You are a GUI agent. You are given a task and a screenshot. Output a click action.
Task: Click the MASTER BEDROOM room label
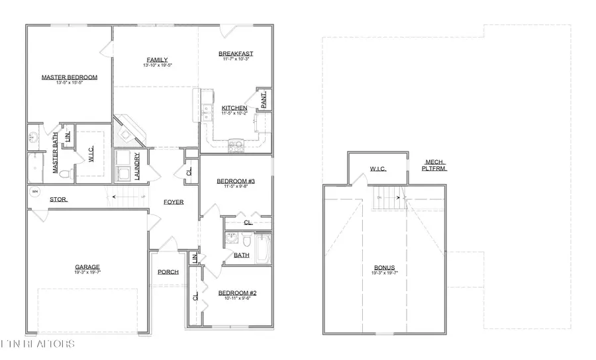[x=69, y=77]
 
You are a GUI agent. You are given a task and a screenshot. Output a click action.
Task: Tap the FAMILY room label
[x=157, y=60]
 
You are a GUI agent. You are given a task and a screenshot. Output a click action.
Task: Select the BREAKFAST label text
[x=236, y=54]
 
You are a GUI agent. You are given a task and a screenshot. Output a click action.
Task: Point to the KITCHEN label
[x=234, y=108]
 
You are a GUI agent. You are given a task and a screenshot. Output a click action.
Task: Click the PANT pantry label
[x=263, y=100]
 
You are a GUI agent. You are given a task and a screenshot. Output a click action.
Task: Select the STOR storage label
[x=58, y=199]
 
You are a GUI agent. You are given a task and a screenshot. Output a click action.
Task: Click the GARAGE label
[x=87, y=267]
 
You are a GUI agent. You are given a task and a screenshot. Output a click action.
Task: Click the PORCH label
[x=168, y=272]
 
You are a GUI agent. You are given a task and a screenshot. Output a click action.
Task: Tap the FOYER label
[x=174, y=202]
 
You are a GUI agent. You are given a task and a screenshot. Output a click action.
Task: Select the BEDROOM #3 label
[x=236, y=181]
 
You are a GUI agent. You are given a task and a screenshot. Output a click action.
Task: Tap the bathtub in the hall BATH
[x=264, y=249]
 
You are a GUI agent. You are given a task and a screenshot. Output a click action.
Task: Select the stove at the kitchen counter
[x=235, y=145]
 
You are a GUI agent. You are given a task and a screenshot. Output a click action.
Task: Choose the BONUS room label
[x=384, y=268]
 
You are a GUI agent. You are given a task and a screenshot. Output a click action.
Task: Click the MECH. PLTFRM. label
[x=435, y=165]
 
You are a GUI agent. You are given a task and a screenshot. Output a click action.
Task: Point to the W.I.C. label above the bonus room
[x=377, y=169]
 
